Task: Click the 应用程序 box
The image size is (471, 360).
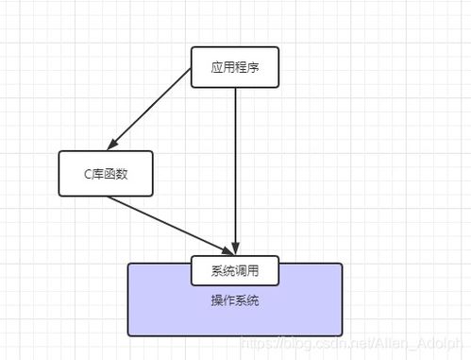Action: (x=235, y=66)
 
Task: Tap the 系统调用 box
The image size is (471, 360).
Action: (x=235, y=270)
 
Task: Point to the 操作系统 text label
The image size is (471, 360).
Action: (x=235, y=300)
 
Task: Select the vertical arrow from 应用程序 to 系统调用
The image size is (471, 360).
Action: (x=235, y=161)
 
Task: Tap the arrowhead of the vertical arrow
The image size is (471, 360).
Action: (x=235, y=248)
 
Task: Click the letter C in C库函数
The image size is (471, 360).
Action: (x=85, y=173)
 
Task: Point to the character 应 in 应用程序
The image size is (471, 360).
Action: (x=217, y=66)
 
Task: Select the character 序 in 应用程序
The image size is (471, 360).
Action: (x=253, y=66)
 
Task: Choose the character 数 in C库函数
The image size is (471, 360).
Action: (x=124, y=173)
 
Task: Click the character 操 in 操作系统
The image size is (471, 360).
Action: (x=217, y=300)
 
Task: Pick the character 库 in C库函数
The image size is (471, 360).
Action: (x=97, y=173)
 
